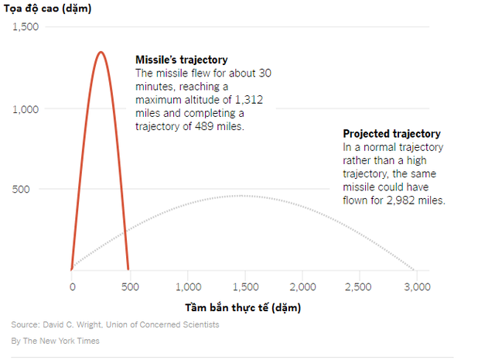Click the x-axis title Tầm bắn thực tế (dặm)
pos(243,307)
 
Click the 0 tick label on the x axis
pos(72,286)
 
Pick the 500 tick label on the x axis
pos(129,286)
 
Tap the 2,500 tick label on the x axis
pos(359,286)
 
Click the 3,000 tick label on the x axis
pos(416,286)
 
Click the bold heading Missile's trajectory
pos(182,60)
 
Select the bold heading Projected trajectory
pos(391,133)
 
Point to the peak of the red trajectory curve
pos(101,53)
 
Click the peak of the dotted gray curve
pos(244,196)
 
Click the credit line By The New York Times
pos(55,341)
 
